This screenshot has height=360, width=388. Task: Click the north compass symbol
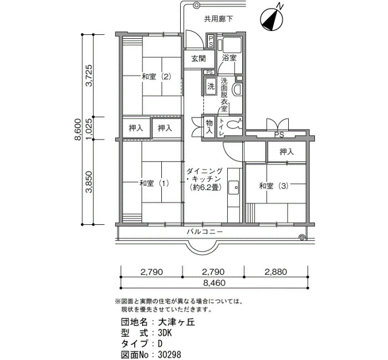pos(272,19)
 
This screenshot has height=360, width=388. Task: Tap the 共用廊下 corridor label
pos(218,19)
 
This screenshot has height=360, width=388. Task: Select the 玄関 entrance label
pos(198,59)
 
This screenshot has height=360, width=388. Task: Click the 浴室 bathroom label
pos(229,58)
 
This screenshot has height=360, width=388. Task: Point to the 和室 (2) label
pos(156,76)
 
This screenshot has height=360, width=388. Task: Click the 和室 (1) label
pos(154,183)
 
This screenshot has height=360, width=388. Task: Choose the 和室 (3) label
pos(274,186)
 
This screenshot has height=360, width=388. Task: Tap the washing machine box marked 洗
pos(211,86)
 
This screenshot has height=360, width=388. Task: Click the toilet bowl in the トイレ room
pos(234,125)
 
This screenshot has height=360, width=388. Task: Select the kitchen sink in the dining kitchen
pos(233,188)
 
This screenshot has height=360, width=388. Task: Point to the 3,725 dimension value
pos(89,75)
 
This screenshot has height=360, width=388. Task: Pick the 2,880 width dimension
pos(275,272)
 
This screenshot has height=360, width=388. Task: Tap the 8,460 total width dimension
pos(215,282)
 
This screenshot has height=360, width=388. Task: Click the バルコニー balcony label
pos(205,232)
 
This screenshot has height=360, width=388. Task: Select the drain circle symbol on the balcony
pos(302,238)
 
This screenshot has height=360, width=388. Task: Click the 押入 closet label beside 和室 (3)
pos(287,152)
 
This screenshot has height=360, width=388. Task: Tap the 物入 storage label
pos(210,127)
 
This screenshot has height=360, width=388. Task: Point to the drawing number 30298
pos(170,354)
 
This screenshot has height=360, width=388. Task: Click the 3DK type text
pos(165,333)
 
